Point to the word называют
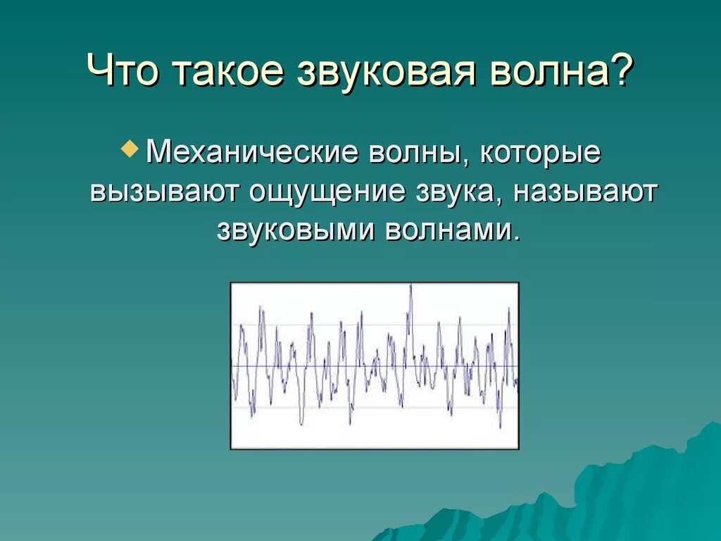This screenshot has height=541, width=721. (584, 193)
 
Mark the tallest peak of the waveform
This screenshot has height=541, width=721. (410, 285)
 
